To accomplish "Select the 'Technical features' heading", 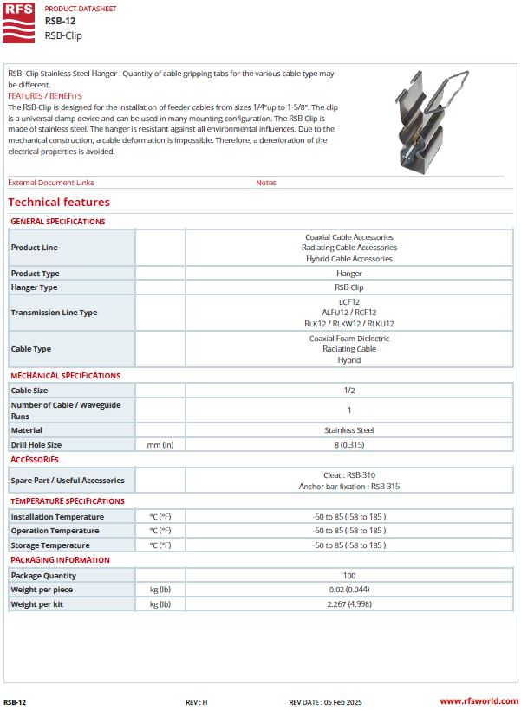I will pos(59,203).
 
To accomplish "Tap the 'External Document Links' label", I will pos(50,183).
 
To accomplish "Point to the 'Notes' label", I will pos(266,183).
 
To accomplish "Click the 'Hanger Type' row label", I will pos(34,287).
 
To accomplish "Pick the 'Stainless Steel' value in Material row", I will pos(348,429).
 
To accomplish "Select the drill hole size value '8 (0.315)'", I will pos(348,444).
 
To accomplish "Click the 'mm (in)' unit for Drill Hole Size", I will pos(160,444).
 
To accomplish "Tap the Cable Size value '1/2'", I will pos(348,390).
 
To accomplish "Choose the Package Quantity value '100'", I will pos(348,575).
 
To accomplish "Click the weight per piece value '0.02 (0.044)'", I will pos(348,590).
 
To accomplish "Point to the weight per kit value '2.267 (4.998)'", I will pos(348,603).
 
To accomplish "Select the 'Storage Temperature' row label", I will pos(49,545).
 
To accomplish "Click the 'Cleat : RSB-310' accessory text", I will pos(348,475).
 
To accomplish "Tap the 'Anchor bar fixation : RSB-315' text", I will pos(348,487).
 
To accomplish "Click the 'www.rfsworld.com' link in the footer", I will pos(478,701).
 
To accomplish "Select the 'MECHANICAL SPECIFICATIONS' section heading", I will pos(65,376).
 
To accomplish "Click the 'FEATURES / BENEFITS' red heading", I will pos(44,96).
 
